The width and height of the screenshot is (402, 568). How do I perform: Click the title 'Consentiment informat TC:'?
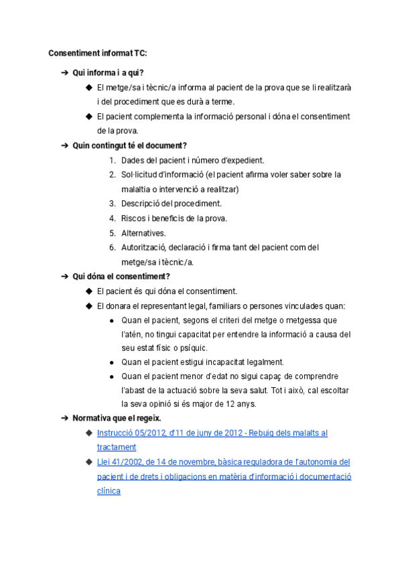coord(98,53)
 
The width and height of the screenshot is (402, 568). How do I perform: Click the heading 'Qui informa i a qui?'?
coord(108,72)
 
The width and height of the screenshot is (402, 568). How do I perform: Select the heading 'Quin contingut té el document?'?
coord(129,145)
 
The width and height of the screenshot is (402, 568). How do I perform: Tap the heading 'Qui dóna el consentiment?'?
coord(121,276)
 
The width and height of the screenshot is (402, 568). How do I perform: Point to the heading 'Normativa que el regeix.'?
coord(117,418)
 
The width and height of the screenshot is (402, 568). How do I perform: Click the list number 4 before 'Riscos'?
coord(113,218)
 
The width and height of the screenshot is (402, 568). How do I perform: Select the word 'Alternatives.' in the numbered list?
coord(143,233)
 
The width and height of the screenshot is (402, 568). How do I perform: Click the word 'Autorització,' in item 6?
coord(143,248)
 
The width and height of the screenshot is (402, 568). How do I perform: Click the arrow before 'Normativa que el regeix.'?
coord(64,418)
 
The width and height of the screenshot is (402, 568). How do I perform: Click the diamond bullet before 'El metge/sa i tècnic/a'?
coord(88,87)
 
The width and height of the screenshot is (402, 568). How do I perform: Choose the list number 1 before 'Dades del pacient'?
coord(113,160)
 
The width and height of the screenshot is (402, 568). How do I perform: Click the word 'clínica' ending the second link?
coord(109,491)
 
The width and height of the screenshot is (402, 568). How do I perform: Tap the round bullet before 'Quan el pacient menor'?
coord(111,376)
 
